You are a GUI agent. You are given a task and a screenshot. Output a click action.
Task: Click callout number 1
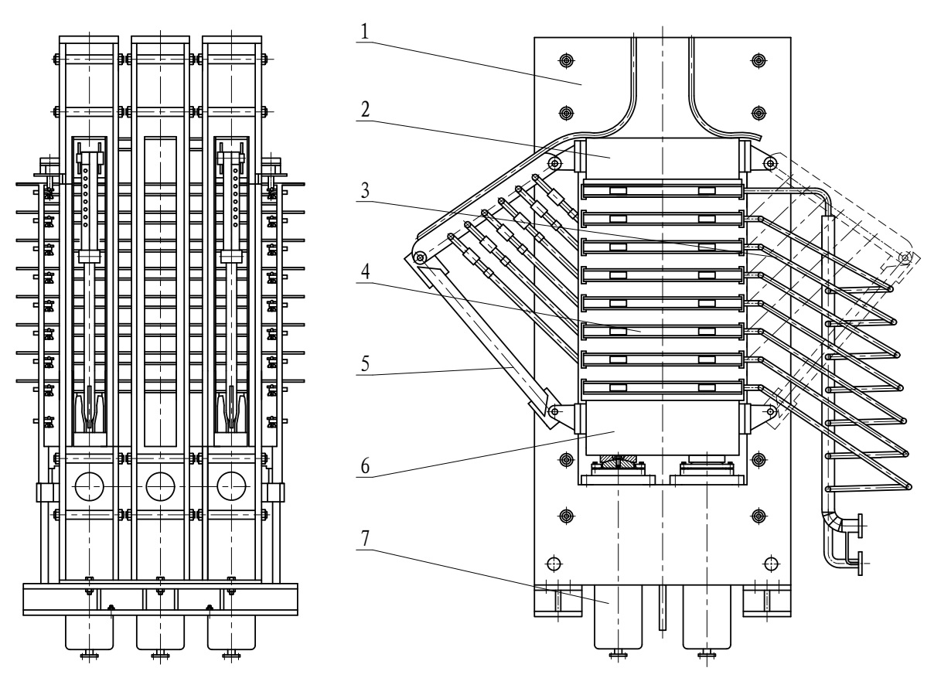(x=365, y=32)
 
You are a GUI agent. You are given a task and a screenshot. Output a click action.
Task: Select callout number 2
(x=365, y=110)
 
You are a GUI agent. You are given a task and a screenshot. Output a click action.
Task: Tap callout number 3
(x=365, y=190)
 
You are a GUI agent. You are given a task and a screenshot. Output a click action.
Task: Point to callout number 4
(x=365, y=271)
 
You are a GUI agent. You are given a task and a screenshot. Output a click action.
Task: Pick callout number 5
(x=365, y=363)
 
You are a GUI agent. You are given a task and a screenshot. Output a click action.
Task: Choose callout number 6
(x=365, y=465)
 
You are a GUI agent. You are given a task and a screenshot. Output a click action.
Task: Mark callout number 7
(x=365, y=538)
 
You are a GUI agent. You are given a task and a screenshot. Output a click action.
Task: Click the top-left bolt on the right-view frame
(x=565, y=60)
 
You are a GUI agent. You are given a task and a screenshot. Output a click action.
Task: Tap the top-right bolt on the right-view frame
(x=759, y=60)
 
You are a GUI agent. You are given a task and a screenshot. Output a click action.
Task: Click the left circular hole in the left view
(x=89, y=486)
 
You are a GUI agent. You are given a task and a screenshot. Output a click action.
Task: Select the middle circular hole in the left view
(x=161, y=486)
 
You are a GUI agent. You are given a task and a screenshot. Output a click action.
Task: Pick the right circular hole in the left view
(x=231, y=486)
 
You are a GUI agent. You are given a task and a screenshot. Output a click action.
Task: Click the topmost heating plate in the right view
(x=662, y=190)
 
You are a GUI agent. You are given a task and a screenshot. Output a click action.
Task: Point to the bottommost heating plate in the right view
(x=662, y=387)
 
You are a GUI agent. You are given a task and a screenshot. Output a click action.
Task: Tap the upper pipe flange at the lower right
(x=860, y=526)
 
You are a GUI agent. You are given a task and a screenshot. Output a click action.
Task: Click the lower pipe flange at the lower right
(x=860, y=564)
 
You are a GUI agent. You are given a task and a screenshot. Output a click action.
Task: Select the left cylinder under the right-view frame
(x=618, y=617)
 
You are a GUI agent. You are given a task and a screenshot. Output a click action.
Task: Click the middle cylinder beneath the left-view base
(x=161, y=632)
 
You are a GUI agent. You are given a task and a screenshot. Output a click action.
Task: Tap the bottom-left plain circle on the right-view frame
(x=554, y=564)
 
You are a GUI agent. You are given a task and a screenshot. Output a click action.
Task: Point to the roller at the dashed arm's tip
(x=905, y=257)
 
